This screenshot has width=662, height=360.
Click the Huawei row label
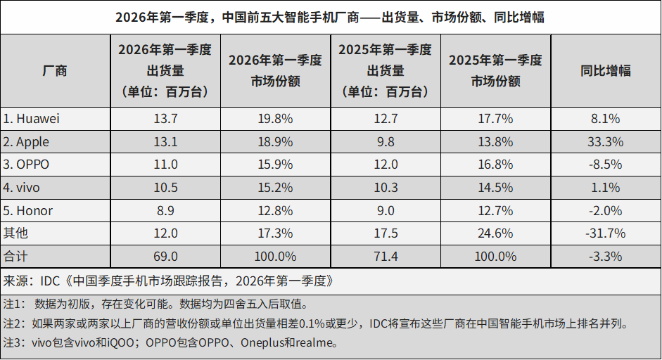pyautogui.click(x=32, y=119)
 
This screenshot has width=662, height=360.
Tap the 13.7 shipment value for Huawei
pyautogui.click(x=166, y=119)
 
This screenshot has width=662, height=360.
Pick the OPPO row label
pyautogui.click(x=27, y=165)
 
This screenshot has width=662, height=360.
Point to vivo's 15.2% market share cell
pyautogui.click(x=275, y=188)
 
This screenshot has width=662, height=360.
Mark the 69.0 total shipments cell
pyautogui.click(x=166, y=257)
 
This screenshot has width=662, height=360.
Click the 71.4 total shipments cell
pyautogui.click(x=386, y=257)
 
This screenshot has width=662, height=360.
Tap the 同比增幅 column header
pyautogui.click(x=605, y=70)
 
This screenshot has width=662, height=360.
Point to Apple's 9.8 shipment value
pyautogui.click(x=386, y=142)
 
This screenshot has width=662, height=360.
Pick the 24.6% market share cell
pyautogui.click(x=495, y=233)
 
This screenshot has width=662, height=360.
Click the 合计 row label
pyautogui.click(x=15, y=257)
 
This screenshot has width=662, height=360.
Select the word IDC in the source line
pyautogui.click(x=51, y=281)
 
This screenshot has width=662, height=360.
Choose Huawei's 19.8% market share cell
pyautogui.click(x=275, y=119)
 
